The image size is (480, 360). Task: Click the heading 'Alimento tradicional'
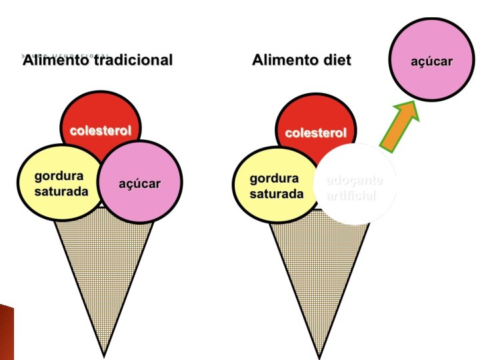pyautogui.click(x=97, y=61)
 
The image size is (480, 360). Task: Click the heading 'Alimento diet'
pyautogui.click(x=301, y=61)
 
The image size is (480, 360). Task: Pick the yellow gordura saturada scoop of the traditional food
pyautogui.click(x=59, y=183)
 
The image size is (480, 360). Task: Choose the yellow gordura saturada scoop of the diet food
pyautogui.click(x=275, y=185)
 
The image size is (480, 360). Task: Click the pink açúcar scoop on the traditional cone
pyautogui.click(x=141, y=183)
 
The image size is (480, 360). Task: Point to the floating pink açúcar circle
pyautogui.click(x=431, y=61)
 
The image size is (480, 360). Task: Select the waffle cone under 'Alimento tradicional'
pyautogui.click(x=104, y=267)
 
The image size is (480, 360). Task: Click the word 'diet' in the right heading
pyautogui.click(x=337, y=61)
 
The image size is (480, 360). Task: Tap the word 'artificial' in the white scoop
pyautogui.click(x=351, y=196)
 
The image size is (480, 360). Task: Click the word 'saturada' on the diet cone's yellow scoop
pyautogui.click(x=277, y=194)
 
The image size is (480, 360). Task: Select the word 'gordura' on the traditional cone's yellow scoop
pyautogui.click(x=59, y=177)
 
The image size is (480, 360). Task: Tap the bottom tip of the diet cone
pyautogui.click(x=318, y=353)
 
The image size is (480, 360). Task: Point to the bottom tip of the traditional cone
pyautogui.click(x=103, y=353)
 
